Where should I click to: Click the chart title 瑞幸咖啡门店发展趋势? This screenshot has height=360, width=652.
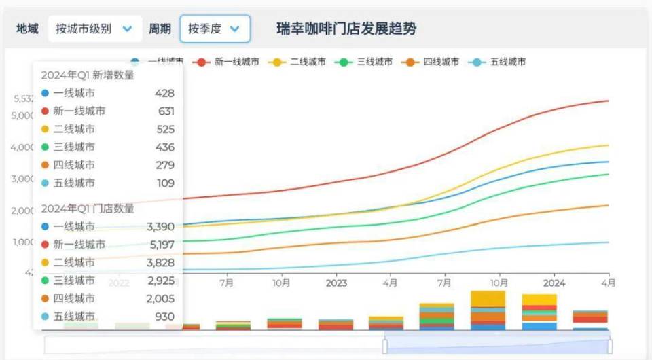[346, 29]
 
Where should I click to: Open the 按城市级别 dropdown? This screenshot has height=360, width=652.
[94, 29]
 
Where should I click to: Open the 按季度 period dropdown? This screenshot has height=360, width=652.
[215, 29]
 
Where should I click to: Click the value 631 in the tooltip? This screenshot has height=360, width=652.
[166, 111]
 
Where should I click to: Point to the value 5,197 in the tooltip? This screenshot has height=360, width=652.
[161, 245]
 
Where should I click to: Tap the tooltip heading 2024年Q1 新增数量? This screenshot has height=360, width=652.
[88, 75]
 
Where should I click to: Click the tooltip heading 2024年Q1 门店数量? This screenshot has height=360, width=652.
[88, 209]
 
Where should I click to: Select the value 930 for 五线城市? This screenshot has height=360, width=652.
[165, 317]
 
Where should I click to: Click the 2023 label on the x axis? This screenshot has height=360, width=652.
[336, 283]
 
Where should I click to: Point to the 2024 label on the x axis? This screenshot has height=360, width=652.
[554, 283]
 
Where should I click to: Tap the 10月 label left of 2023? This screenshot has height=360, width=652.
[282, 283]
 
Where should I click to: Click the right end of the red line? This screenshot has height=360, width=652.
[607, 101]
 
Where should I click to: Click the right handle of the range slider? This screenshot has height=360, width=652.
[610, 346]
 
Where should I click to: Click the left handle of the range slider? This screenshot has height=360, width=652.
[385, 346]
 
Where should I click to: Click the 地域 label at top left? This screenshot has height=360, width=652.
[27, 29]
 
